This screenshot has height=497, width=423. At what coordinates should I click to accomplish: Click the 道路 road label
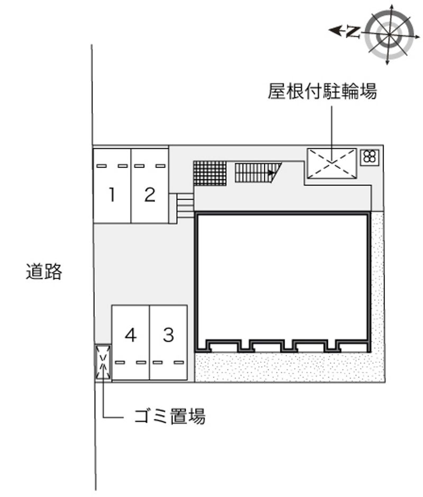pyautogui.click(x=44, y=272)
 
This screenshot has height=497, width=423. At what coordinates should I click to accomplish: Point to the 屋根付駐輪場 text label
pyautogui.click(x=322, y=92)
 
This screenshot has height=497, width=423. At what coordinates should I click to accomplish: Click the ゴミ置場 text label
pyautogui.click(x=169, y=417)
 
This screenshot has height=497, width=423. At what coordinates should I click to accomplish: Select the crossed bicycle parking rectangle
pyautogui.click(x=332, y=163)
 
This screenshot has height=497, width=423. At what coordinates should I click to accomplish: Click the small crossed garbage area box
pyautogui.click(x=103, y=362)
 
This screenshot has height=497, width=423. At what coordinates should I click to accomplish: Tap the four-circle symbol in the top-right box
pyautogui.click(x=370, y=156)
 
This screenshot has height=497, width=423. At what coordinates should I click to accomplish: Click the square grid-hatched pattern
pyautogui.click(x=210, y=173)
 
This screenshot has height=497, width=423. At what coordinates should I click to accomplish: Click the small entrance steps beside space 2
pyautogui.click(x=184, y=205)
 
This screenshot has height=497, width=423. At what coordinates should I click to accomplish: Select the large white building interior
pyautogui.click(x=282, y=275)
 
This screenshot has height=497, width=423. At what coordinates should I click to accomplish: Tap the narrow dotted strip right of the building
pyautogui.click(x=377, y=285)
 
